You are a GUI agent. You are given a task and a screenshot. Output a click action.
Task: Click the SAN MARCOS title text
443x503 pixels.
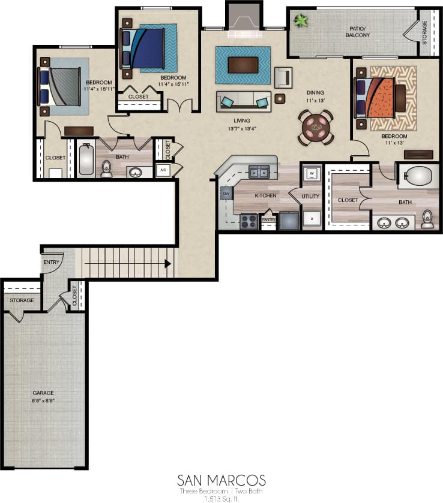pos(221,481)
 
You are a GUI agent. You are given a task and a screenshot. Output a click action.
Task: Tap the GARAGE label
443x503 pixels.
pos(43,393)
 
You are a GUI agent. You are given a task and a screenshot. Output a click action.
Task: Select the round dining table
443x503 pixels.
pos(316,127)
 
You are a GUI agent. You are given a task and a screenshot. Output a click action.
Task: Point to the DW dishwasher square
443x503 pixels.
pos(226,194)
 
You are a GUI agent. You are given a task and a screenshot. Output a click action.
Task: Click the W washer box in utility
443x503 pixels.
pos(312,174)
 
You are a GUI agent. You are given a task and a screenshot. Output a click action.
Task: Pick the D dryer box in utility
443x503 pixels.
pos(312,219)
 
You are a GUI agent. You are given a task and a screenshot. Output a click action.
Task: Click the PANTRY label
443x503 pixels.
pos(268,219)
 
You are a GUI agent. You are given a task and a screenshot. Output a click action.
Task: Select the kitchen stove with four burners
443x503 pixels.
pos(249,221)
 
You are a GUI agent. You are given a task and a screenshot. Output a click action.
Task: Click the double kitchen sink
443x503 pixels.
pos(260,173)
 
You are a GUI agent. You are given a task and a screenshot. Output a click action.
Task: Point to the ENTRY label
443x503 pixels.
pos(50,262)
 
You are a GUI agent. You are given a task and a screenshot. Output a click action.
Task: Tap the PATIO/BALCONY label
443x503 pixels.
pos(358,32)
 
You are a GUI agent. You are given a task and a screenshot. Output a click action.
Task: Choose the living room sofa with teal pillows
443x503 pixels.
pos(244,101)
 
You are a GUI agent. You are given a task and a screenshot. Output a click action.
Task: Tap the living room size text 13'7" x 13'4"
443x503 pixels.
pos(243,128)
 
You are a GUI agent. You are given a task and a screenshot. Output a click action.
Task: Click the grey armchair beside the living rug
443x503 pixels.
pos(283,77)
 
